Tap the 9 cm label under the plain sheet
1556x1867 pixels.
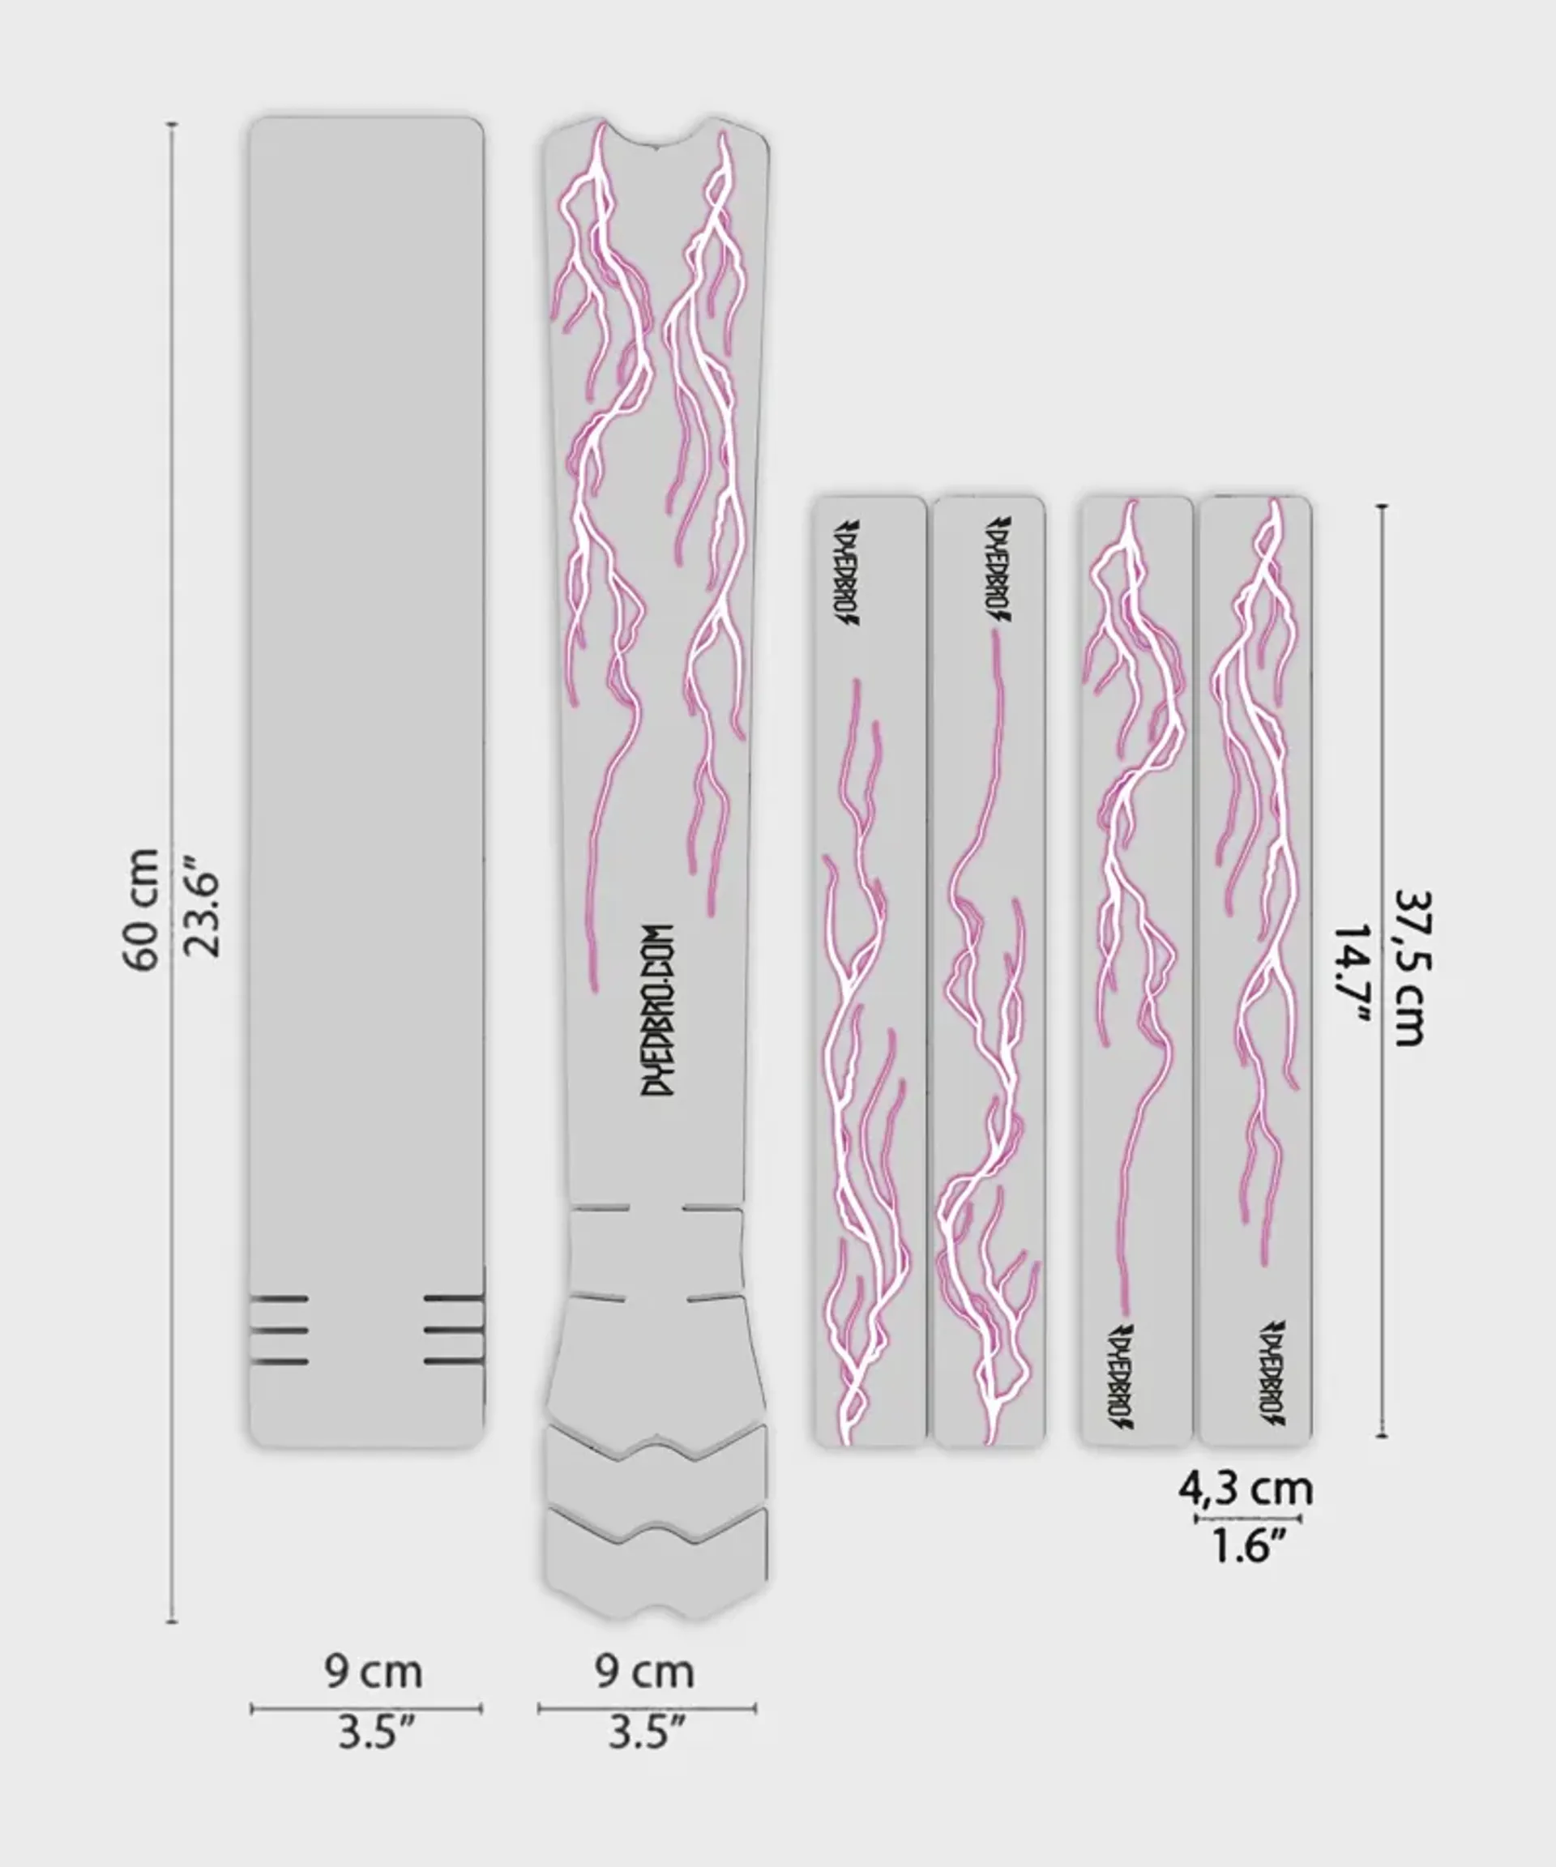tap(373, 1673)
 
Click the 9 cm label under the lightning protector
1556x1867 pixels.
tap(644, 1673)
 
